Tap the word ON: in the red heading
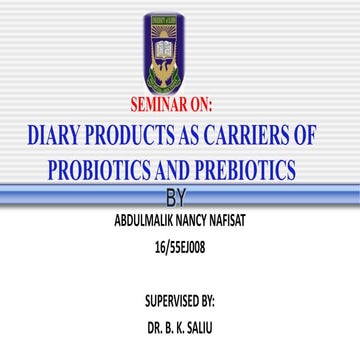point(213,104)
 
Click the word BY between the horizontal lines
point(179,195)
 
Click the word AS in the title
point(198,135)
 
